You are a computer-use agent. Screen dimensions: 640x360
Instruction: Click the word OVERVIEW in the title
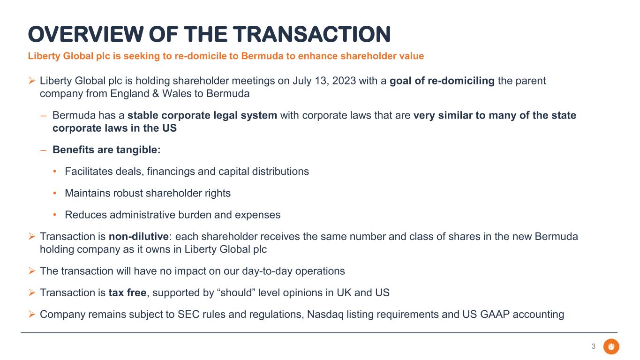tap(85, 35)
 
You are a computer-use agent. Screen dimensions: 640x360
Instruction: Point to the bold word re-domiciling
tap(461, 81)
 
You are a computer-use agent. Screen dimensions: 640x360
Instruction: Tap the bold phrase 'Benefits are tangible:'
tap(106, 150)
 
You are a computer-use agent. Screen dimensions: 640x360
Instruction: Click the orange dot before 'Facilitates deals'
tap(54, 172)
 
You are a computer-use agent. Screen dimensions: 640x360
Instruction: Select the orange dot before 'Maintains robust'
tap(54, 193)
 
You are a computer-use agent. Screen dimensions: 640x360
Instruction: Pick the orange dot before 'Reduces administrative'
tap(54, 215)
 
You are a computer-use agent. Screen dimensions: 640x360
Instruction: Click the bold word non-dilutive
tap(139, 237)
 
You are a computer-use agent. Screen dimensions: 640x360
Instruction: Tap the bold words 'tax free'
tap(128, 293)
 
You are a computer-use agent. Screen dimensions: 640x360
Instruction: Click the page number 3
tap(594, 346)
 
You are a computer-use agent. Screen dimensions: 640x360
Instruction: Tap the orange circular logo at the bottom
tap(611, 346)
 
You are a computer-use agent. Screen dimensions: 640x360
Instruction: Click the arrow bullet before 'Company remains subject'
tap(32, 315)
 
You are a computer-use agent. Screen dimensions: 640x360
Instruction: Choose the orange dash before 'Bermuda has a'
tap(44, 116)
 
